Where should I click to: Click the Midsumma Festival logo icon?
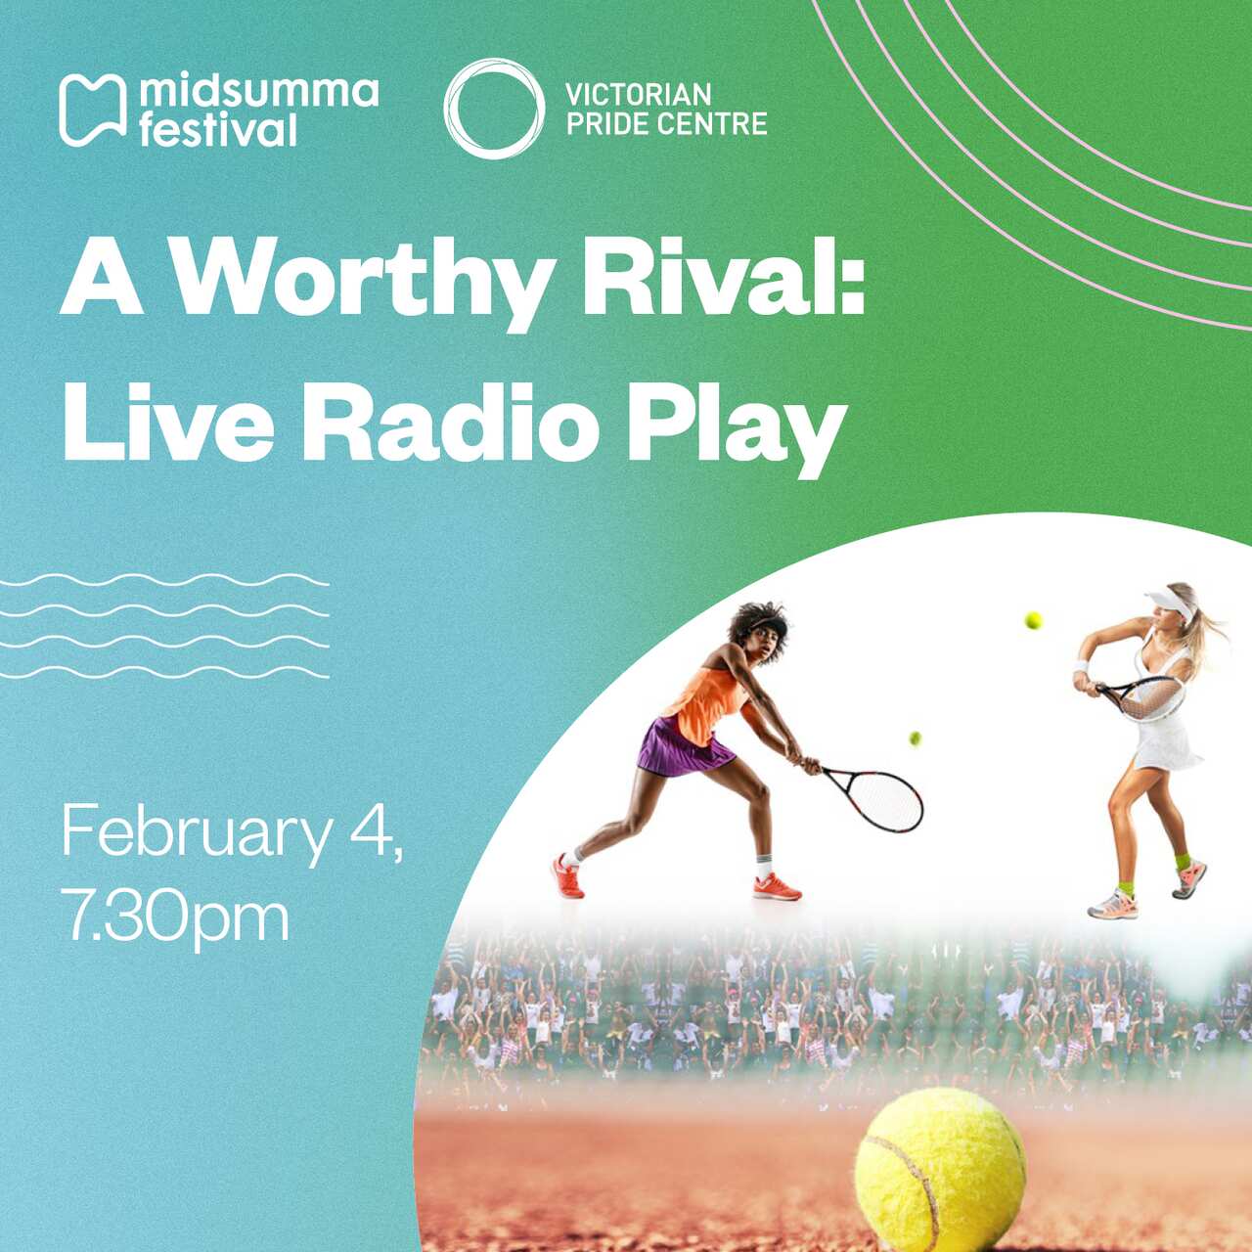coord(92,110)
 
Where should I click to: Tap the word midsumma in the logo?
coord(258,91)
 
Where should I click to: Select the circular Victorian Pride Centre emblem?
coord(494,109)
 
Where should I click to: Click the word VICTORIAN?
coord(638,95)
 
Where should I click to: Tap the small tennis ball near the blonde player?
coord(1033,620)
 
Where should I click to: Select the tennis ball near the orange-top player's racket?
coord(915,738)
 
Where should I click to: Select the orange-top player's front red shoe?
coord(777,888)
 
